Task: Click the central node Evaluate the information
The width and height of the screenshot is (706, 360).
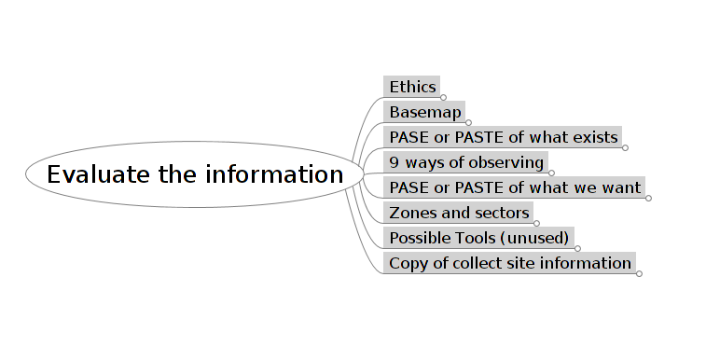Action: pos(195,174)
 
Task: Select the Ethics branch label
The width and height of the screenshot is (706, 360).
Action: pos(412,87)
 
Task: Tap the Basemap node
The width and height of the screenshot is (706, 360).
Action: pos(424,112)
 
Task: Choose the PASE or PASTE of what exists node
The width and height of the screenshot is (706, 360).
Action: pos(503,137)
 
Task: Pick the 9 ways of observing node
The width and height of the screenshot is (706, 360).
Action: pos(466,162)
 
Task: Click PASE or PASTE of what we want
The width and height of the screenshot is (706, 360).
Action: pos(515,187)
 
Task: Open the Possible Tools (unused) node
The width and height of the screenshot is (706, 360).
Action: pos(479,238)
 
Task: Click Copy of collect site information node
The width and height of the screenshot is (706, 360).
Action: pos(510,263)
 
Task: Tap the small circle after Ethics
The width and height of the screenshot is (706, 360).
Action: pos(443,97)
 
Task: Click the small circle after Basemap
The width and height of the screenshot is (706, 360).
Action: pos(468,122)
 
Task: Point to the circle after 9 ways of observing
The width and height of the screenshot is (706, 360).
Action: pos(551,173)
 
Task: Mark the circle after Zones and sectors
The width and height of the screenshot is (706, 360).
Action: pos(536,223)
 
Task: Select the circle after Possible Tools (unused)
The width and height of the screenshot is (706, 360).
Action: pos(577,248)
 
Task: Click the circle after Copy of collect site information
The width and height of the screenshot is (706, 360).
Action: pos(639,273)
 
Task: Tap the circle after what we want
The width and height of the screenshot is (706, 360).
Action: pos(648,198)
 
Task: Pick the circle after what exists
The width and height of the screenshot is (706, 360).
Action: pos(625,147)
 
